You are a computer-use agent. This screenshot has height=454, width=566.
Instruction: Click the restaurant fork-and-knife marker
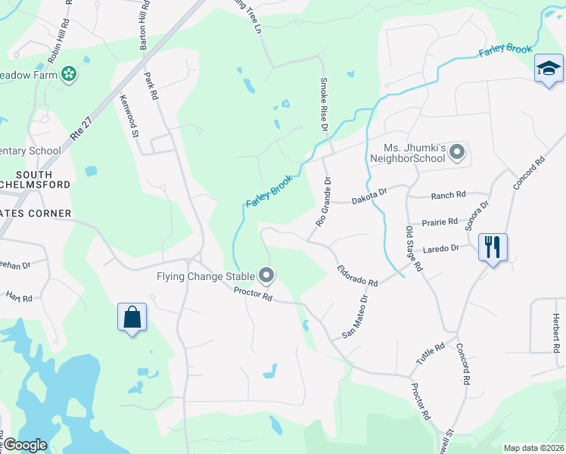tap(492, 247)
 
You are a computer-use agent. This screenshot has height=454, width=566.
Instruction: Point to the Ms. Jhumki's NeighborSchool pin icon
tap(457, 153)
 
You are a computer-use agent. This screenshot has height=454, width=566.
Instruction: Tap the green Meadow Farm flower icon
tap(69, 73)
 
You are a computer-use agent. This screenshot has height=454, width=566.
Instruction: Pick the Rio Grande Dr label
tap(323, 202)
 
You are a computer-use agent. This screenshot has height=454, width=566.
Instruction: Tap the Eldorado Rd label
tap(357, 275)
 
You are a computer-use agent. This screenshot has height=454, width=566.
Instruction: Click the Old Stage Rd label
tap(413, 247)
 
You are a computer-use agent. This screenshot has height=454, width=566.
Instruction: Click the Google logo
tap(25, 445)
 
